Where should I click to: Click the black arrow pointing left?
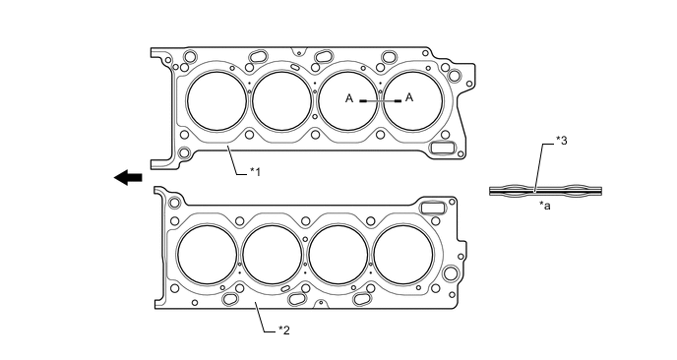(128, 177)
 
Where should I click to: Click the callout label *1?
(255, 172)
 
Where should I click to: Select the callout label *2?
(283, 330)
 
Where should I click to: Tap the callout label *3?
(561, 141)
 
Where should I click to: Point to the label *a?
(544, 206)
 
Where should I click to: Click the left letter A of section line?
(349, 98)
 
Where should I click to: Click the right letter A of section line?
(409, 97)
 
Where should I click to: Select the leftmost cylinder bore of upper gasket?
(217, 101)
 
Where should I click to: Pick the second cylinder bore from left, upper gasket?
(282, 101)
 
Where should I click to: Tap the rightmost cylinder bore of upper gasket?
(412, 101)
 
